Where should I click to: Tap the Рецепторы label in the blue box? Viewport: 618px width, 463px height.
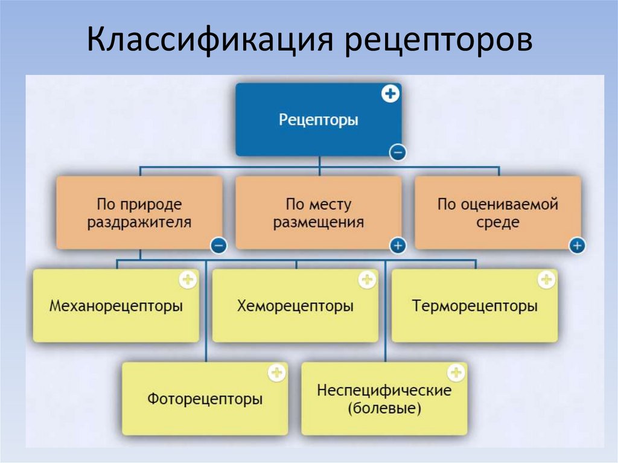pyautogui.click(x=318, y=120)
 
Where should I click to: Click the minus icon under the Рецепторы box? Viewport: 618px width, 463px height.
pyautogui.click(x=397, y=153)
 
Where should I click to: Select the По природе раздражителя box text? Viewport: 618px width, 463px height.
pyautogui.click(x=139, y=213)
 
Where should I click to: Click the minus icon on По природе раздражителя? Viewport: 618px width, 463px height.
pyautogui.click(x=218, y=246)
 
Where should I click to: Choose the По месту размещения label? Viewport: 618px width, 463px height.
pyautogui.click(x=318, y=213)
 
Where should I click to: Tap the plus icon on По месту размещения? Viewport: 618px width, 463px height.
pyautogui.click(x=397, y=246)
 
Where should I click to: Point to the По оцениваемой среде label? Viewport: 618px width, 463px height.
pyautogui.click(x=498, y=213)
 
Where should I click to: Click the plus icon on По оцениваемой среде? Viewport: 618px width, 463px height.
pyautogui.click(x=577, y=246)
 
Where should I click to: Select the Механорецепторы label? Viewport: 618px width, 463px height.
pyautogui.click(x=116, y=306)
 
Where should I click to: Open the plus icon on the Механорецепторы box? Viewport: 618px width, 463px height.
pyautogui.click(x=188, y=279)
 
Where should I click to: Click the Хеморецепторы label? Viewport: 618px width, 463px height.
pyautogui.click(x=295, y=306)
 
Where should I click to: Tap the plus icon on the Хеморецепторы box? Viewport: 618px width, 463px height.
pyautogui.click(x=367, y=279)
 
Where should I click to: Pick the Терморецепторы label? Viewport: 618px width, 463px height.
pyautogui.click(x=475, y=306)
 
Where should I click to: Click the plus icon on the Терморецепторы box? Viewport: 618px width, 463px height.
pyautogui.click(x=547, y=279)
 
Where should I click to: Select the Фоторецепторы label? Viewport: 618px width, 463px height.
pyautogui.click(x=205, y=399)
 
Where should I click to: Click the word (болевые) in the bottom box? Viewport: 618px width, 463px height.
pyautogui.click(x=384, y=409)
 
